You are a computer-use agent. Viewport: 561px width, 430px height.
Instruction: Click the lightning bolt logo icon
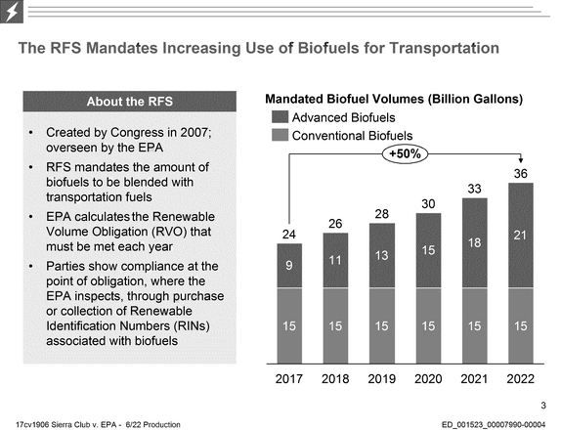12,12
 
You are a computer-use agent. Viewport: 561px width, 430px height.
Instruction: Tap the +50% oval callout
405,154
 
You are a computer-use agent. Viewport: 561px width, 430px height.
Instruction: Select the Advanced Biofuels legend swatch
280,117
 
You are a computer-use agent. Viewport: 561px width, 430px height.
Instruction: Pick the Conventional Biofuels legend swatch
280,135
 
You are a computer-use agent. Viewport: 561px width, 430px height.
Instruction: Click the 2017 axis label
288,378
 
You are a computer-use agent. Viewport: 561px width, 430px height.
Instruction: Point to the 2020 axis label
428,378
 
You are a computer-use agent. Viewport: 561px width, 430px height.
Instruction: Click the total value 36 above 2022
521,174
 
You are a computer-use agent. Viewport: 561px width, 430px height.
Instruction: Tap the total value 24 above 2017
288,235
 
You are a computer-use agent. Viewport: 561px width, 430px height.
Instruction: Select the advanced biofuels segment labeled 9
289,266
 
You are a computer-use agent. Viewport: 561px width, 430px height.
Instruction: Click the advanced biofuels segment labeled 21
521,235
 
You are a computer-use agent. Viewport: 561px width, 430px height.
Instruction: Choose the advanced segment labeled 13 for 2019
382,255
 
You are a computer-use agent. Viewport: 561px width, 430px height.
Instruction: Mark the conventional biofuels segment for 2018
335,325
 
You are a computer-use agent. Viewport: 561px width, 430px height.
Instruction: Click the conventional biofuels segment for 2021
475,325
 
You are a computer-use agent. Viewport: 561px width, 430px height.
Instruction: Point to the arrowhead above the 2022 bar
521,160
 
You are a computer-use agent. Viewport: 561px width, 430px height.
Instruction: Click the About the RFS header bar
130,102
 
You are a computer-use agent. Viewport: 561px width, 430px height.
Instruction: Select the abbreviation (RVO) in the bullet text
169,232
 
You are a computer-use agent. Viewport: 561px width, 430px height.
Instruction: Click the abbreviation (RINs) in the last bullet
192,326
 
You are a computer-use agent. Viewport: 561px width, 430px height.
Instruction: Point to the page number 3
543,406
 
